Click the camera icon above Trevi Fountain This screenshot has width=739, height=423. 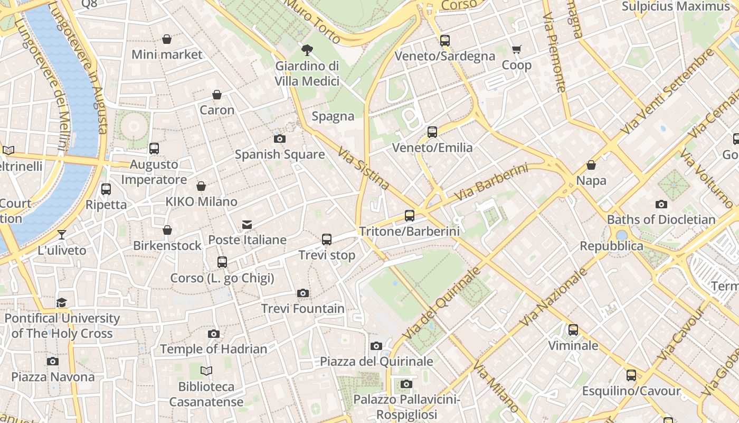tap(302, 293)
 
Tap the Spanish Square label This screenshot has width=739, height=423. tap(280, 154)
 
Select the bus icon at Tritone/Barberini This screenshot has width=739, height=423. tap(410, 216)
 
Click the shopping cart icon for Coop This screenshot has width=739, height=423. tap(516, 50)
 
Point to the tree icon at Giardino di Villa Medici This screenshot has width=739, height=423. tap(307, 51)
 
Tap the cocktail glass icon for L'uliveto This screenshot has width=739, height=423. tap(62, 234)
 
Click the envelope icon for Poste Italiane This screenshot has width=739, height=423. tap(247, 225)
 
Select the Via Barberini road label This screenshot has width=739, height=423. tap(491, 182)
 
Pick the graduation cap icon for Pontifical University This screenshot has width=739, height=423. tap(62, 303)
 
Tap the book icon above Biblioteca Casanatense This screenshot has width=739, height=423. tap(206, 371)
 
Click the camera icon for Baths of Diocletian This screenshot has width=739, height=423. tap(661, 204)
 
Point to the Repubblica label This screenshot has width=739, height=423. tap(611, 246)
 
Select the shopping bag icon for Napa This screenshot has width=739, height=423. tap(591, 165)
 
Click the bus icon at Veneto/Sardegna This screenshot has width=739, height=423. tap(445, 41)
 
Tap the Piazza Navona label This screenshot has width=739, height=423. tap(53, 377)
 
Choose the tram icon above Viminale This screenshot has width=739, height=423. tap(573, 330)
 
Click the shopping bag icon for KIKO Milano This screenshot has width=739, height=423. tap(201, 186)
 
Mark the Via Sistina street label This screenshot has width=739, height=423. tap(364, 168)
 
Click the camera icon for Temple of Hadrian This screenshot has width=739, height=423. tap(214, 334)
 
